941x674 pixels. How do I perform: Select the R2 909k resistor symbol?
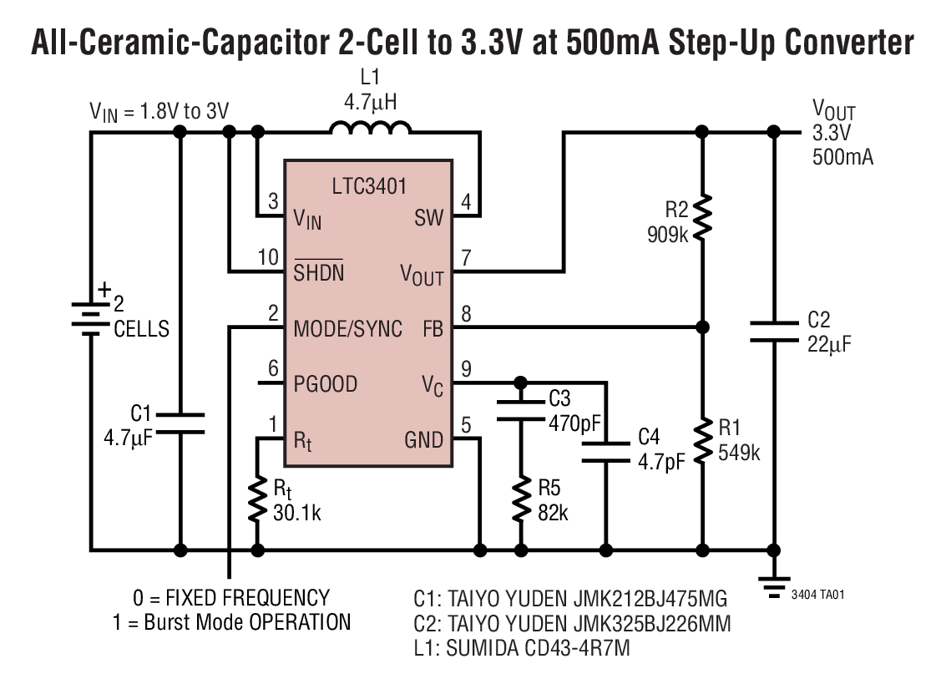click(x=702, y=217)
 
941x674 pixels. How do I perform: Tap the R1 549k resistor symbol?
click(x=702, y=438)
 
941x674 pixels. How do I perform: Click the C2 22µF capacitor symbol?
click(x=774, y=331)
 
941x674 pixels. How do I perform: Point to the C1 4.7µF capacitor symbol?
click(x=180, y=422)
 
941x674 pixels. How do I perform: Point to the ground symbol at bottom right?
click(x=774, y=580)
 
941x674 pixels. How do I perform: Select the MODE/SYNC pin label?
click(x=347, y=328)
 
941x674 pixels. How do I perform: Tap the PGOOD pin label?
click(x=326, y=384)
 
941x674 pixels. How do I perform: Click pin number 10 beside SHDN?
click(x=268, y=257)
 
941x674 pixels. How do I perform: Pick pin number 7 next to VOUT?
click(x=466, y=257)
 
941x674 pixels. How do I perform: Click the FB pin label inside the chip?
click(x=433, y=328)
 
